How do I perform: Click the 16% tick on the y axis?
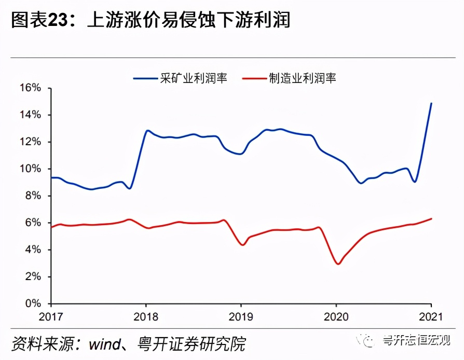tap(31, 88)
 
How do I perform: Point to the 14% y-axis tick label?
tap(31, 115)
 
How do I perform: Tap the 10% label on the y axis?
tap(31, 169)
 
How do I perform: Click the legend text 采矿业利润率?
tap(193, 78)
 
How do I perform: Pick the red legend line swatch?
tap(255, 78)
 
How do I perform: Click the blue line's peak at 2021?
tap(431, 103)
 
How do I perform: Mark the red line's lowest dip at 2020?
tap(338, 264)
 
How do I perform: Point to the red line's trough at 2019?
tap(242, 245)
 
